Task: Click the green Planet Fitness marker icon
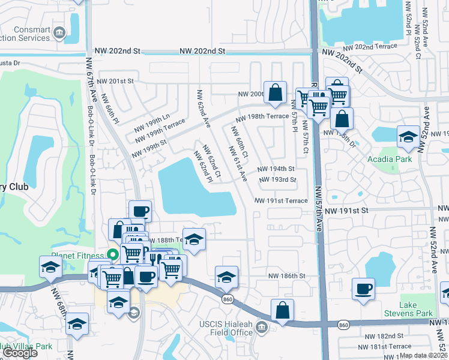pyautogui.click(x=110, y=254)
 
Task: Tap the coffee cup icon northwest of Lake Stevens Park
pyautogui.click(x=363, y=289)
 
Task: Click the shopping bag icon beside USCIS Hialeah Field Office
pyautogui.click(x=282, y=310)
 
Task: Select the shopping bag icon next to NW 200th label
pyautogui.click(x=275, y=92)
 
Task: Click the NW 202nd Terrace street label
pyautogui.click(x=370, y=46)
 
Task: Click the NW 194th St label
pyautogui.click(x=276, y=169)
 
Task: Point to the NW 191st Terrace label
pyautogui.click(x=281, y=201)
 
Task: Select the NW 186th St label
pyautogui.click(x=287, y=276)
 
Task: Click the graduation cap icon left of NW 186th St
pyautogui.click(x=226, y=277)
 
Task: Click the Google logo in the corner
pyautogui.click(x=20, y=353)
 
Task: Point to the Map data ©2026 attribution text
pyautogui.click(x=423, y=355)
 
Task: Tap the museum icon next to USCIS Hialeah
pyautogui.click(x=261, y=327)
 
